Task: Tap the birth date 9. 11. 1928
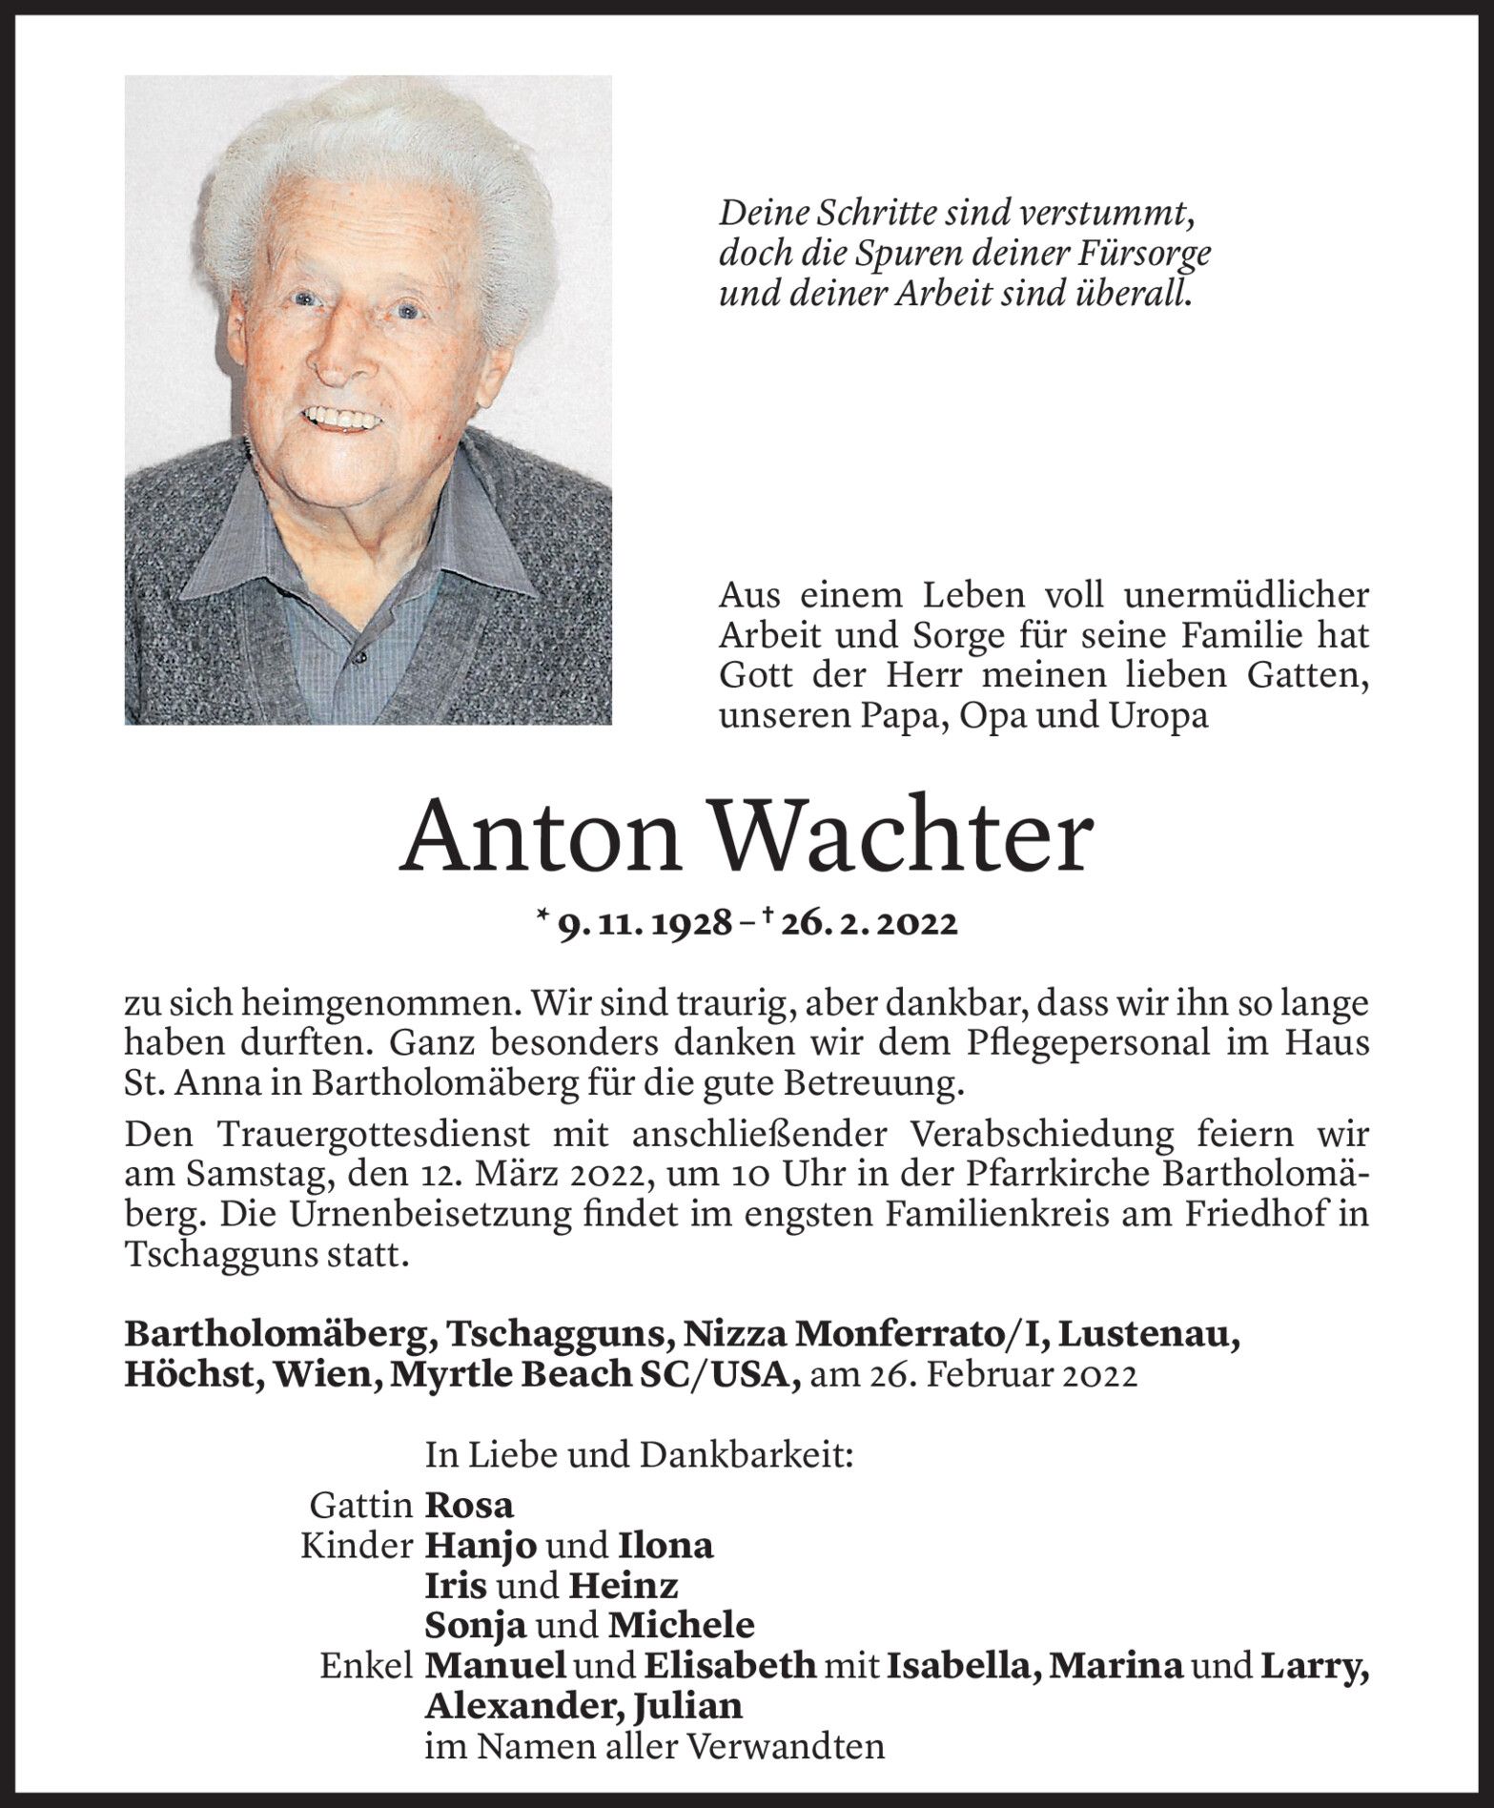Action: point(645,923)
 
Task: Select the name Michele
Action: point(681,1624)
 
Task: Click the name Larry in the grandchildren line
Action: point(1314,1664)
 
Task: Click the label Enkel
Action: point(367,1665)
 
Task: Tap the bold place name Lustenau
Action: point(1150,1336)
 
